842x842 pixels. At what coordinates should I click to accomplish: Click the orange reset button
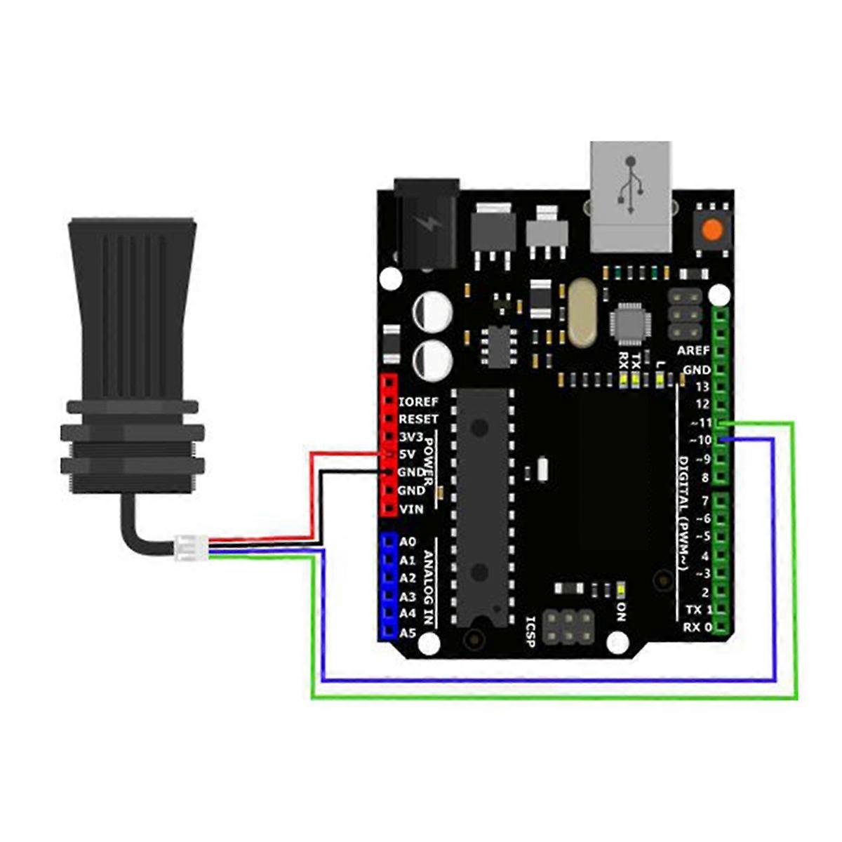[713, 229]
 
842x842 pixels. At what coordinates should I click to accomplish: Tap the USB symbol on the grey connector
[629, 185]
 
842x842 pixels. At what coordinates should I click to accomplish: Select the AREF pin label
[693, 351]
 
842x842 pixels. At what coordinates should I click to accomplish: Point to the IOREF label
[418, 401]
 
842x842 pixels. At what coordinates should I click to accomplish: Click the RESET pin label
[418, 419]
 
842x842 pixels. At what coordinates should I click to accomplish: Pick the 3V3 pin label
[411, 437]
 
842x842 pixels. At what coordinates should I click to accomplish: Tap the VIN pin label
[410, 509]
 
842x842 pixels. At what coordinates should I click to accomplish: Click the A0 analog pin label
[407, 542]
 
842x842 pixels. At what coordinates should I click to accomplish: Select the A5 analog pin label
[407, 633]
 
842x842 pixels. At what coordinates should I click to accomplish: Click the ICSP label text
[530, 631]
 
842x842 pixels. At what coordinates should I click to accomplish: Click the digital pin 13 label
[702, 387]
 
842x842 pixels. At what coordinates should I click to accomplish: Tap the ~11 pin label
[701, 422]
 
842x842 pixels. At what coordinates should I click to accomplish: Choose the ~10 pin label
[700, 441]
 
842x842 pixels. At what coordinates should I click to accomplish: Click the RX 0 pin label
[697, 627]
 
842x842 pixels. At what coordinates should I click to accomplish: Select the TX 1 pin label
[699, 610]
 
